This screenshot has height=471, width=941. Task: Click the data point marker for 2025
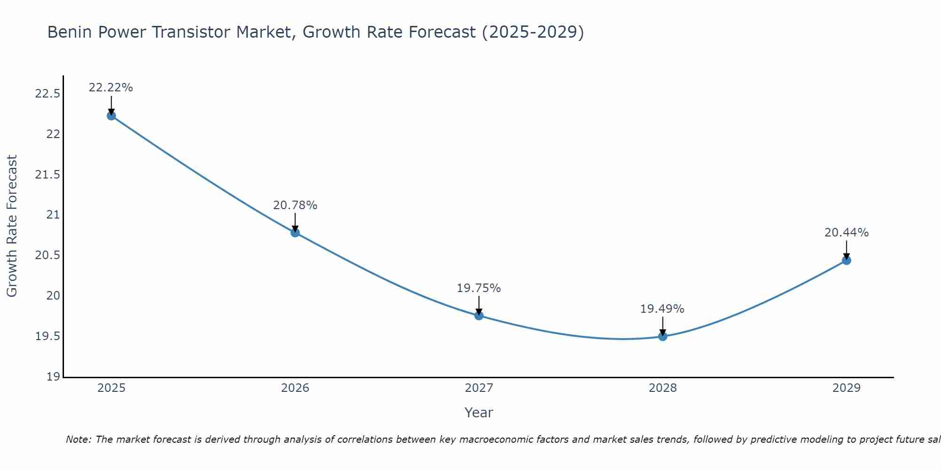[111, 116]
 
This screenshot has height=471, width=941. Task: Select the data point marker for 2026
[295, 232]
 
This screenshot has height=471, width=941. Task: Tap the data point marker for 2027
[479, 316]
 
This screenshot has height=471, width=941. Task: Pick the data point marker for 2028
[662, 336]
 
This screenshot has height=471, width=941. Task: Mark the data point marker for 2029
[846, 260]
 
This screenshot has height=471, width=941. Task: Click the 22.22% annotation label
[111, 88]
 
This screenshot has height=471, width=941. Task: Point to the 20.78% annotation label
[295, 205]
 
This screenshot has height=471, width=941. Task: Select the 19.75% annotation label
[479, 288]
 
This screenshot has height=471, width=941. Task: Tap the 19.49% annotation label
[662, 309]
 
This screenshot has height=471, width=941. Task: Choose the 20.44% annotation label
[846, 233]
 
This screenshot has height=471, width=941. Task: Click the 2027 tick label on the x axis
[479, 388]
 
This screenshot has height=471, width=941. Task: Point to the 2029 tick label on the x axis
[846, 388]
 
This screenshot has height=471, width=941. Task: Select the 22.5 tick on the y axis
[48, 94]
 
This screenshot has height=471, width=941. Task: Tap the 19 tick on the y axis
[54, 377]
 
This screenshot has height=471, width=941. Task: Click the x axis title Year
[479, 413]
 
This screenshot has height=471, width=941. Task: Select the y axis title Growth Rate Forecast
[12, 226]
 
